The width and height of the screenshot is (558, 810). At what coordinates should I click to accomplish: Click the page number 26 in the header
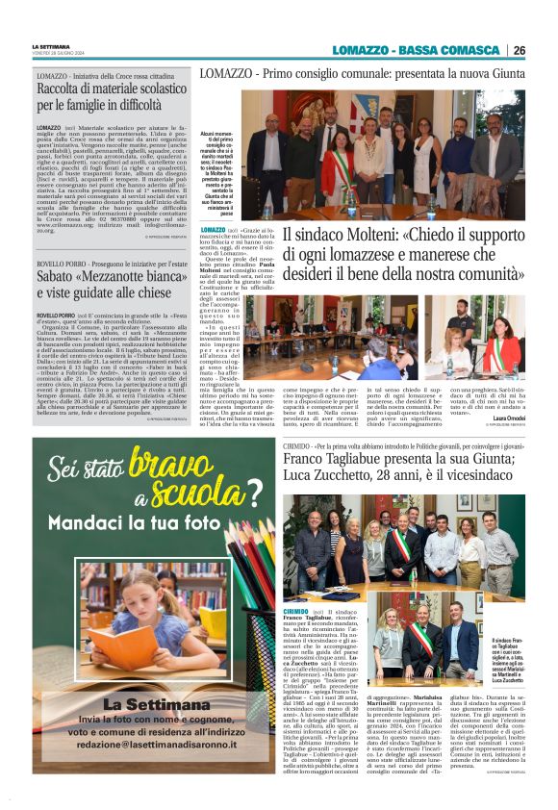tap(519, 50)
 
